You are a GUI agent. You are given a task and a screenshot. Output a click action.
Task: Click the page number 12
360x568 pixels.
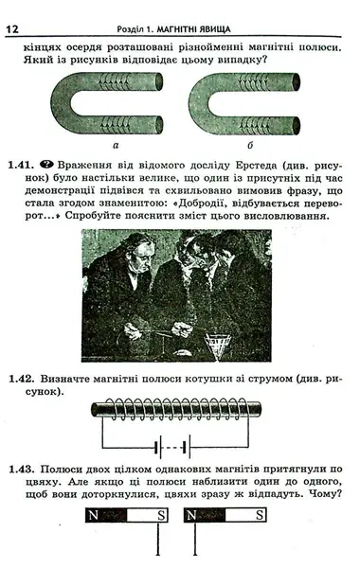click(x=12, y=29)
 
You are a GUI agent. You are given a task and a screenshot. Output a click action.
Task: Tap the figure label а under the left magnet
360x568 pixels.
click(x=116, y=146)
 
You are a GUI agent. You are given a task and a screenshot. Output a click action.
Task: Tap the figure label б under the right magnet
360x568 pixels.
click(x=250, y=145)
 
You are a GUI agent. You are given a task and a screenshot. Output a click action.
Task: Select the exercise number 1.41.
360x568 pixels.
click(x=22, y=165)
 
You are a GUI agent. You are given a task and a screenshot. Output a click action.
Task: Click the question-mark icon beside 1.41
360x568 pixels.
click(x=46, y=165)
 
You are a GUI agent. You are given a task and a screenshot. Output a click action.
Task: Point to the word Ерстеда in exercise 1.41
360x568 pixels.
click(x=257, y=165)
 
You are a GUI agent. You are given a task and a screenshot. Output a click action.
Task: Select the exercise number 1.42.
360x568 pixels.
click(x=22, y=379)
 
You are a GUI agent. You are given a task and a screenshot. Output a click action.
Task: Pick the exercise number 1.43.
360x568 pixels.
click(x=22, y=470)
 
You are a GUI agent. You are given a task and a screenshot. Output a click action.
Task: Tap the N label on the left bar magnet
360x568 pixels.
click(x=93, y=515)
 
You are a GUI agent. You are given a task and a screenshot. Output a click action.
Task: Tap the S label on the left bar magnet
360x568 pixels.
click(x=161, y=515)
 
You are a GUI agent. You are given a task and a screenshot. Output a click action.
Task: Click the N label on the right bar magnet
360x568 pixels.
click(x=191, y=515)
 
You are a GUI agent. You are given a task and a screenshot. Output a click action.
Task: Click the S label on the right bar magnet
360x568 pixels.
click(x=260, y=515)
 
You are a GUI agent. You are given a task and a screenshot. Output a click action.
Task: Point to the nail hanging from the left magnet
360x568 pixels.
click(x=158, y=539)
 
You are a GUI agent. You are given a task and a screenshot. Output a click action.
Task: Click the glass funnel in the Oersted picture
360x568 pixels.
click(x=218, y=346)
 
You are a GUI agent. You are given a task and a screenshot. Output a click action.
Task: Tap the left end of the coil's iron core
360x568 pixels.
click(x=94, y=409)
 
